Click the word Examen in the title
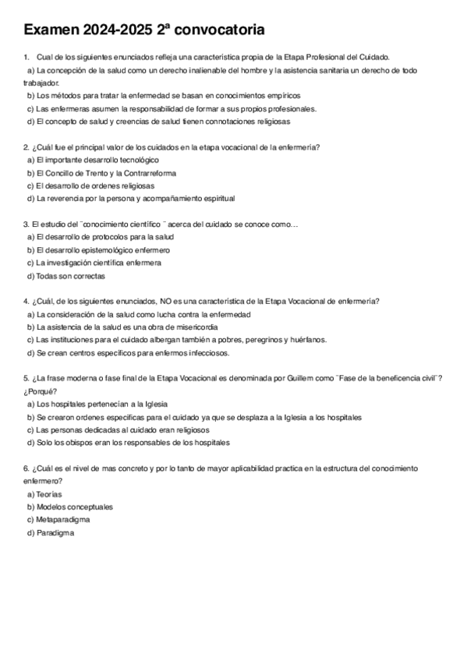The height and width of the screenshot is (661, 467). pyautogui.click(x=52, y=30)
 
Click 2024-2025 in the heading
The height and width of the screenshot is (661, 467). pyautogui.click(x=128, y=30)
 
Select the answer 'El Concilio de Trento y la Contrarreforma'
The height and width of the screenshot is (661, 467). pyautogui.click(x=106, y=172)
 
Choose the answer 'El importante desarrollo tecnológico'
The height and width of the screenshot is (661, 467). pyautogui.click(x=97, y=159)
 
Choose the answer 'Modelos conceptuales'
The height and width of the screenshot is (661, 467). pyautogui.click(x=74, y=506)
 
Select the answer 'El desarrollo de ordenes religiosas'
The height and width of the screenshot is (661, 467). pyautogui.click(x=95, y=186)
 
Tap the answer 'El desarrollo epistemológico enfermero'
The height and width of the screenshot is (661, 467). pyautogui.click(x=103, y=249)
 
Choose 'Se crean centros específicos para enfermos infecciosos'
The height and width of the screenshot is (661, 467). pyautogui.click(x=133, y=352)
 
